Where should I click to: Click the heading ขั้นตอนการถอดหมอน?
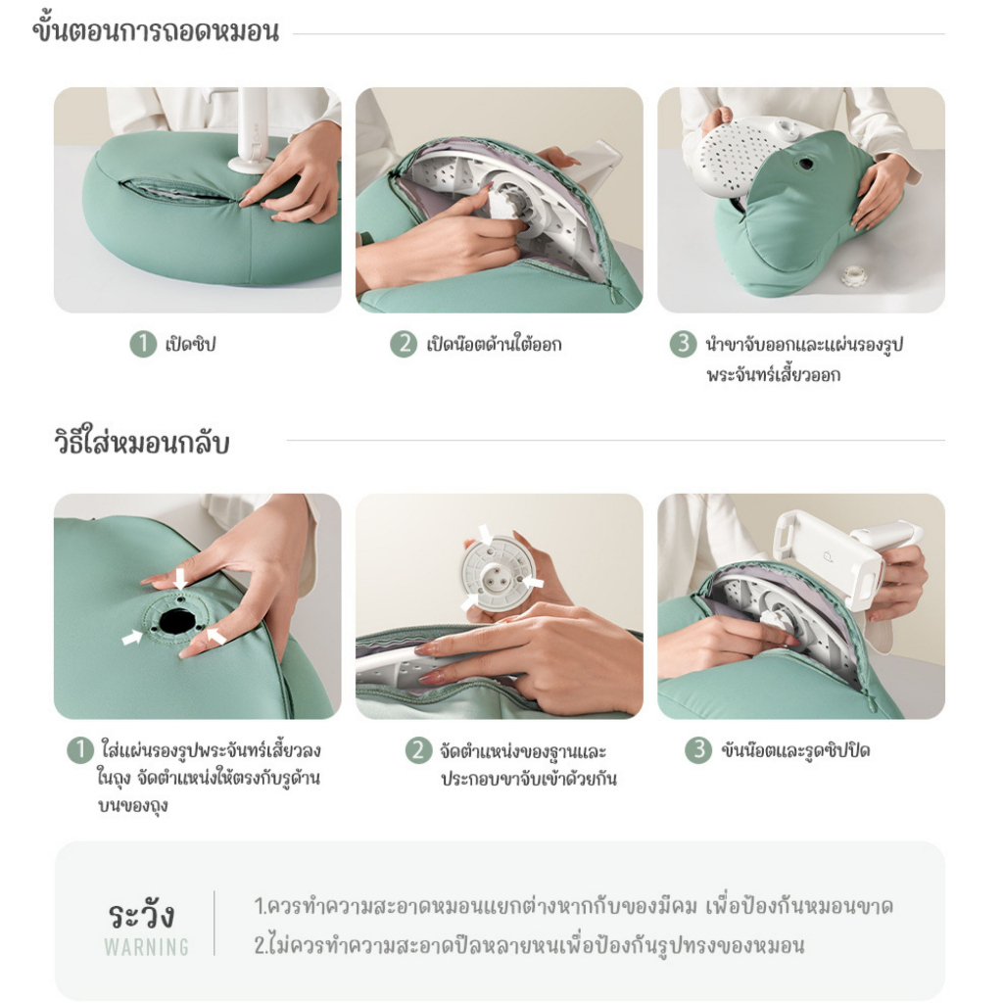pyautogui.click(x=156, y=31)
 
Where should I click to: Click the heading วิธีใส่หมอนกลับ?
pyautogui.click(x=141, y=443)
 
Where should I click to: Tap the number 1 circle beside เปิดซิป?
pyautogui.click(x=143, y=345)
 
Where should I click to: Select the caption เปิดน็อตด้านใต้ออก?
pyautogui.click(x=494, y=345)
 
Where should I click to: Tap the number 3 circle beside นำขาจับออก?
pyautogui.click(x=684, y=345)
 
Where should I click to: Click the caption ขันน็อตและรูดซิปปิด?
pyautogui.click(x=794, y=751)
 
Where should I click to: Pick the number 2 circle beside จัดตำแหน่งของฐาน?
pyautogui.click(x=418, y=751)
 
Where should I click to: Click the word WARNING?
pyautogui.click(x=146, y=947)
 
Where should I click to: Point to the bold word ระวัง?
pyautogui.click(x=142, y=915)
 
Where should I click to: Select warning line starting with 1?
pyautogui.click(x=573, y=906)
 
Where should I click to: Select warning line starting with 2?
pyautogui.click(x=529, y=946)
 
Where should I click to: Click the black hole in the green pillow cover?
pyautogui.click(x=177, y=621)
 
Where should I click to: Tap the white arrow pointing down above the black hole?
pyautogui.click(x=179, y=578)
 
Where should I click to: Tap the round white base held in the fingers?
pyautogui.click(x=500, y=573)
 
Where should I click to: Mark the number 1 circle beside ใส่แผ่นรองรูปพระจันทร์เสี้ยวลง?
pyautogui.click(x=79, y=751)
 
